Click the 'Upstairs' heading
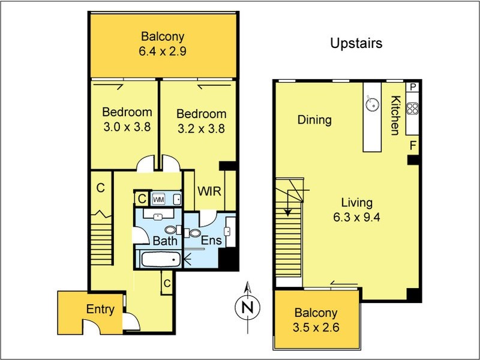click(356, 43)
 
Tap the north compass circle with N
click(247, 307)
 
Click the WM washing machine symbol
click(158, 200)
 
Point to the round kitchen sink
click(372, 103)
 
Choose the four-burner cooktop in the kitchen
click(412, 109)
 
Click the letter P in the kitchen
click(413, 88)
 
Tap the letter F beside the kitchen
click(413, 145)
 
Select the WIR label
click(209, 191)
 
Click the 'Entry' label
click(100, 309)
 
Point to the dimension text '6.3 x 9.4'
click(356, 217)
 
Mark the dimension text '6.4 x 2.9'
click(162, 51)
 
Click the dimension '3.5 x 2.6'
click(316, 328)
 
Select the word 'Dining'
click(314, 119)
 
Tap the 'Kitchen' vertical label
click(395, 115)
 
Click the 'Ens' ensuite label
click(211, 241)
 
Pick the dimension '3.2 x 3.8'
click(201, 128)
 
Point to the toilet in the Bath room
click(173, 230)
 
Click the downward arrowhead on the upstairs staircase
click(287, 212)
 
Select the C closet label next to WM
click(142, 199)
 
